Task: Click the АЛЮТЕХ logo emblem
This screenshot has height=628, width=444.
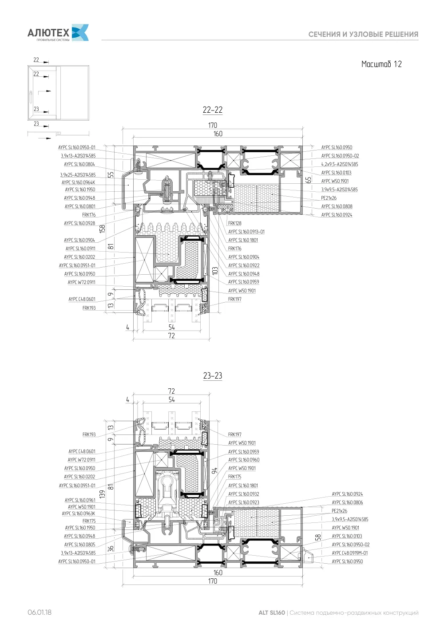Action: (x=80, y=32)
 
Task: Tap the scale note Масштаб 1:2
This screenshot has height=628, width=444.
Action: (x=381, y=64)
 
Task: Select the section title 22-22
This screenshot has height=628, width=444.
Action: (x=213, y=110)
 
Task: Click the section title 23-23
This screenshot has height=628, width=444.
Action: (x=213, y=375)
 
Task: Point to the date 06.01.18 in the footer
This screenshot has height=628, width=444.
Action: (x=40, y=612)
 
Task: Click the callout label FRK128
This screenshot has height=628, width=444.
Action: (x=234, y=223)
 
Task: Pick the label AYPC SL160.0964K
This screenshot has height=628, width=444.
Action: (x=78, y=182)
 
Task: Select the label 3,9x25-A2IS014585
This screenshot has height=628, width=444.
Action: (x=78, y=175)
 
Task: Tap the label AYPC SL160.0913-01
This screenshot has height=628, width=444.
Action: (x=246, y=232)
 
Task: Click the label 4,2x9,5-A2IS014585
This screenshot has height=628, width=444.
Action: (x=339, y=164)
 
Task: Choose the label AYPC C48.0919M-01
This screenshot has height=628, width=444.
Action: (x=349, y=553)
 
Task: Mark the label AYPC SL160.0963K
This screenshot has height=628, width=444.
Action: (x=79, y=513)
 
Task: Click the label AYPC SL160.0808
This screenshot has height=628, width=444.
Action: (x=337, y=206)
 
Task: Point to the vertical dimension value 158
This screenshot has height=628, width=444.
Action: (x=103, y=229)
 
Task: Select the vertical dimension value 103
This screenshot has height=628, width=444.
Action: (x=215, y=271)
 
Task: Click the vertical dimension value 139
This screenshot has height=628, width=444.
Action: (x=103, y=494)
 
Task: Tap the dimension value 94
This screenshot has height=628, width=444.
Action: (x=214, y=471)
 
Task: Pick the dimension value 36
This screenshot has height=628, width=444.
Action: (x=111, y=549)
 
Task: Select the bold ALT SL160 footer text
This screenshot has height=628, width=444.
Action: (x=271, y=612)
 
